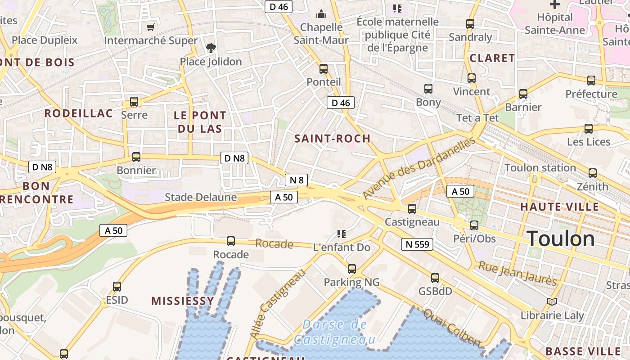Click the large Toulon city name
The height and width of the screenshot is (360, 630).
tap(561, 238)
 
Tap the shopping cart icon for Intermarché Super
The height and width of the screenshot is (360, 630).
tap(151, 27)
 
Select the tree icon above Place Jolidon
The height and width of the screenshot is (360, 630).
tap(210, 48)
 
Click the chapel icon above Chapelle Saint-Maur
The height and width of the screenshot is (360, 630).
tap(321, 14)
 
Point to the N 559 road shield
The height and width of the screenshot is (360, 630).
tap(417, 244)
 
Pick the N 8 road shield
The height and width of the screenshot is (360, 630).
tap(297, 180)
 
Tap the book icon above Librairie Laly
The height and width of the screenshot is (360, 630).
tap(552, 302)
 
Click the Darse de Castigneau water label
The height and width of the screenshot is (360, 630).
tap(334, 332)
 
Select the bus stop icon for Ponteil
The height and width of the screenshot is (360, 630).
tap(324, 69)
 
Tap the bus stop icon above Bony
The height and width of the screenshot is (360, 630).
tap(428, 89)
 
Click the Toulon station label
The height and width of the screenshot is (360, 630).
tap(540, 168)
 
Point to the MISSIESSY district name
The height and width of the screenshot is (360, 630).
tap(183, 301)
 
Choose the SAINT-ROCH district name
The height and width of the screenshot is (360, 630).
tap(333, 139)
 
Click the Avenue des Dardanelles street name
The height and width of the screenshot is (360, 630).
tap(419, 168)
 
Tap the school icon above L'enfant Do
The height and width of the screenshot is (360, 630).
tap(342, 234)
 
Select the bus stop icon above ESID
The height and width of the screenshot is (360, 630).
tap(117, 286)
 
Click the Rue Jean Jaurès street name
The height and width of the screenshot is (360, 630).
tap(517, 273)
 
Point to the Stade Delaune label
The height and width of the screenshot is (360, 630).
tap(201, 197)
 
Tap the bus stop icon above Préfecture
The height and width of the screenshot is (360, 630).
tap(591, 81)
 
